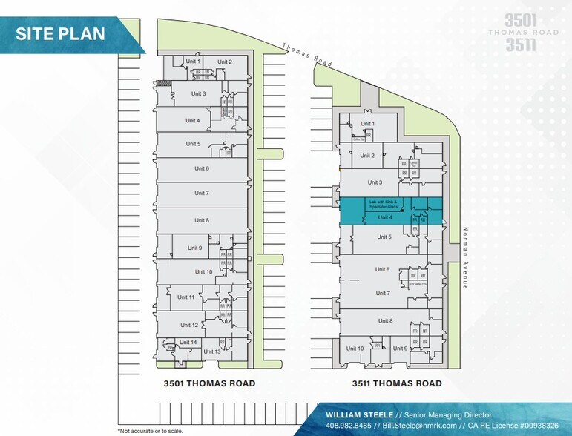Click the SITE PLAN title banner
click(x=61, y=33)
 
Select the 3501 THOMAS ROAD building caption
click(x=210, y=383)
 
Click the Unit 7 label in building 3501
click(x=202, y=193)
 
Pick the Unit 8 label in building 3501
click(x=202, y=220)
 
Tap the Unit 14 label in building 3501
click(x=188, y=342)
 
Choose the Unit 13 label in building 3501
click(x=212, y=351)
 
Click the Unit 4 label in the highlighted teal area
click(x=385, y=217)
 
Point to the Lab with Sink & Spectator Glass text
click(x=384, y=203)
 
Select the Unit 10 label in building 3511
click(x=355, y=348)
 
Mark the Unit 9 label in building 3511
click(x=400, y=348)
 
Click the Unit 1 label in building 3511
click(x=367, y=123)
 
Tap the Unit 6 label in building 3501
click(x=202, y=168)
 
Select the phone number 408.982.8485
click(x=348, y=426)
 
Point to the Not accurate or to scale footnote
click(x=149, y=430)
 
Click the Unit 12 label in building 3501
click(x=189, y=325)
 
